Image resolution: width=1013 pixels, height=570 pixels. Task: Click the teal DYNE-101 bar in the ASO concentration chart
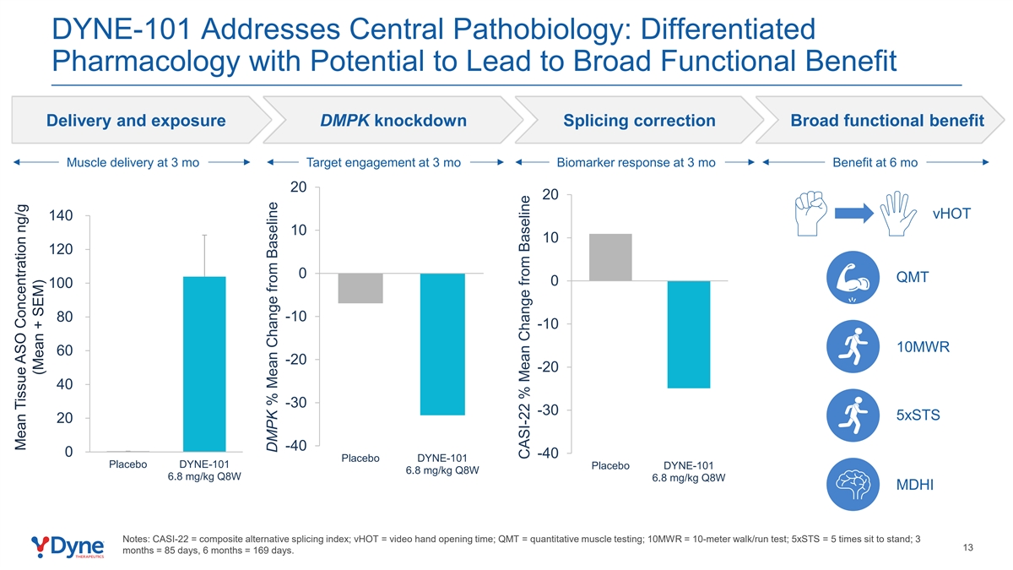[204, 364]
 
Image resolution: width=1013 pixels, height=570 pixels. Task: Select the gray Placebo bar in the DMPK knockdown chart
[360, 288]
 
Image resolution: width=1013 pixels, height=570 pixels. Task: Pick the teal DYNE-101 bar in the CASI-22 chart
[689, 334]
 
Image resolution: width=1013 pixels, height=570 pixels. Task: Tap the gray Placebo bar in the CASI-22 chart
[610, 258]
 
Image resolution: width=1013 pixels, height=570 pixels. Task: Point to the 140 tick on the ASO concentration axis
[61, 215]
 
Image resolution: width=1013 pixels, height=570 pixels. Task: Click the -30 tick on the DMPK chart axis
[295, 403]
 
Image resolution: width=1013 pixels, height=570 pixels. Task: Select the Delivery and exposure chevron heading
[136, 120]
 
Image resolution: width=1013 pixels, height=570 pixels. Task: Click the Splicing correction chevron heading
[639, 120]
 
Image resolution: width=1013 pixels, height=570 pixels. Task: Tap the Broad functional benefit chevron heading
[887, 120]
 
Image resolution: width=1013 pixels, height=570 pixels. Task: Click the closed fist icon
[811, 214]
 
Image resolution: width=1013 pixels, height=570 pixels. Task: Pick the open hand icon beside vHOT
[898, 214]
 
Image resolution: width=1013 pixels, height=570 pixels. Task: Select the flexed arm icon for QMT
[853, 277]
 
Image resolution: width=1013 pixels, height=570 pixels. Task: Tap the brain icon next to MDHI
[853, 485]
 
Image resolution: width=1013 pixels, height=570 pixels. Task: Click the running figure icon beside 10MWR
[853, 346]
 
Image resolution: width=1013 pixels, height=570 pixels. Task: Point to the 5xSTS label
[918, 415]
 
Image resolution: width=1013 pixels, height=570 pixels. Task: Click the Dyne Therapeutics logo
[68, 547]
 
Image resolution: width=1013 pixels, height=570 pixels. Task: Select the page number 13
[967, 548]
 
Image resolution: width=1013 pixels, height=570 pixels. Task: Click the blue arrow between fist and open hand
[854, 214]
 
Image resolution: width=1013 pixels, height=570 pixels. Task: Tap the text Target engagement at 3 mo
[383, 162]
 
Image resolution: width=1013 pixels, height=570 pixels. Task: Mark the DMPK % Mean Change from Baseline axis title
[272, 327]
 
